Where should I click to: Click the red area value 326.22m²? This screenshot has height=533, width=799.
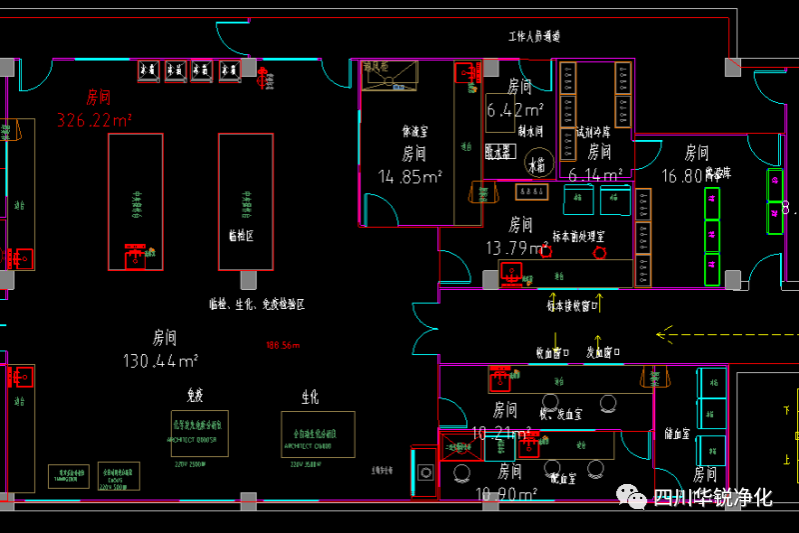pos(95,121)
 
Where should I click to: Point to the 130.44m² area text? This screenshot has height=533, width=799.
pos(160,360)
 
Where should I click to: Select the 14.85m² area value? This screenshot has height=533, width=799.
pos(410,177)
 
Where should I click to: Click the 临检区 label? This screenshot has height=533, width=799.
pos(242,237)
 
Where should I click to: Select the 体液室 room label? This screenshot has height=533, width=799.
pos(413,131)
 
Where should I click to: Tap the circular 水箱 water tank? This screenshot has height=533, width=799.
pos(538,165)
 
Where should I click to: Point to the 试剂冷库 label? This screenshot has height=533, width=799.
pos(594,131)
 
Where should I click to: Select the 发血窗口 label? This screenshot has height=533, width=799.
pos(603,353)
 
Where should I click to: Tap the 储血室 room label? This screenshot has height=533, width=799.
pos(678,434)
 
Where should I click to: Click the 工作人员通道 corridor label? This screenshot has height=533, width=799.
pos(534,37)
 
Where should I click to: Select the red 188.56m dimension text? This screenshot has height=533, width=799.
pos(283,346)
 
